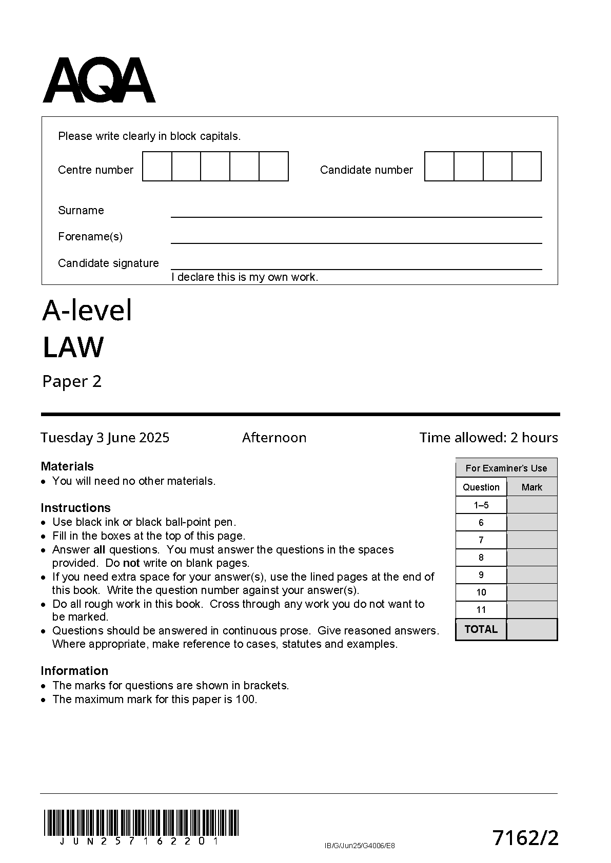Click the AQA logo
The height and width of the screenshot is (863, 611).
click(x=99, y=80)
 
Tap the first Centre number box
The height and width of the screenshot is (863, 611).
click(x=157, y=166)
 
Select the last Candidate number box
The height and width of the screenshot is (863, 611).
click(x=526, y=166)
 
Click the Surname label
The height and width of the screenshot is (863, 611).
click(x=81, y=210)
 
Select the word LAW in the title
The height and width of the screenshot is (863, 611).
click(x=73, y=347)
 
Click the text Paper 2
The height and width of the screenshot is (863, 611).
click(x=72, y=381)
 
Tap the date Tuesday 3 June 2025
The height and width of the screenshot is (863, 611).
click(x=105, y=438)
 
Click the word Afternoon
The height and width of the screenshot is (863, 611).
click(x=274, y=438)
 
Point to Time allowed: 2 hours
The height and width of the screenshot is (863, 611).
click(x=488, y=438)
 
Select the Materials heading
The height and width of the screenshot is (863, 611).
click(x=67, y=466)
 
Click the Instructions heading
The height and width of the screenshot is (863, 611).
click(x=75, y=508)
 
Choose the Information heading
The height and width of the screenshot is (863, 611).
click(x=74, y=671)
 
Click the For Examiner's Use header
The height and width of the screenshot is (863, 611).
click(x=506, y=468)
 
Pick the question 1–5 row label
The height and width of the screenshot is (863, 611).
click(x=481, y=505)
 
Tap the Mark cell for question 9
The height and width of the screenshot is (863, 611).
click(x=532, y=575)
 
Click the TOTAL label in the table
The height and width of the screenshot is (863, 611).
click(x=481, y=629)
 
